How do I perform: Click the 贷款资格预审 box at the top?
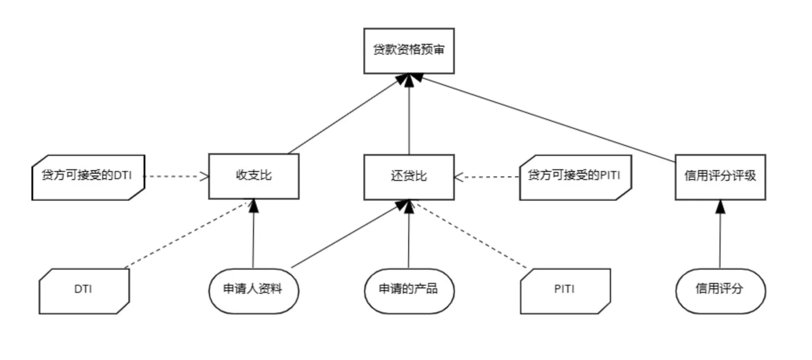coord(409,51)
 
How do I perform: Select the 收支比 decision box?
coord(253,176)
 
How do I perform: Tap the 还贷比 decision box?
coord(409,176)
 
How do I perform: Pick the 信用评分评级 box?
coord(720,176)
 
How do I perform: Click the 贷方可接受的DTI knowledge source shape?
coord(88,177)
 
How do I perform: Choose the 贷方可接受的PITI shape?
coord(575,177)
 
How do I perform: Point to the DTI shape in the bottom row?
coord(84,290)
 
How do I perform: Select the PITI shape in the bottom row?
coord(565,290)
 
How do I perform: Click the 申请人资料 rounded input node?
coord(253,290)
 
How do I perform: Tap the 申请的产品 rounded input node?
coord(409,290)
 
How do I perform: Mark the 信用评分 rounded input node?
coord(720,290)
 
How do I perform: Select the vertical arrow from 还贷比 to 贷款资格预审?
coord(409,116)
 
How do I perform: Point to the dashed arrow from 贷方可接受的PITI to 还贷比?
coord(487,176)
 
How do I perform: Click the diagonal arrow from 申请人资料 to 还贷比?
coord(348,235)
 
